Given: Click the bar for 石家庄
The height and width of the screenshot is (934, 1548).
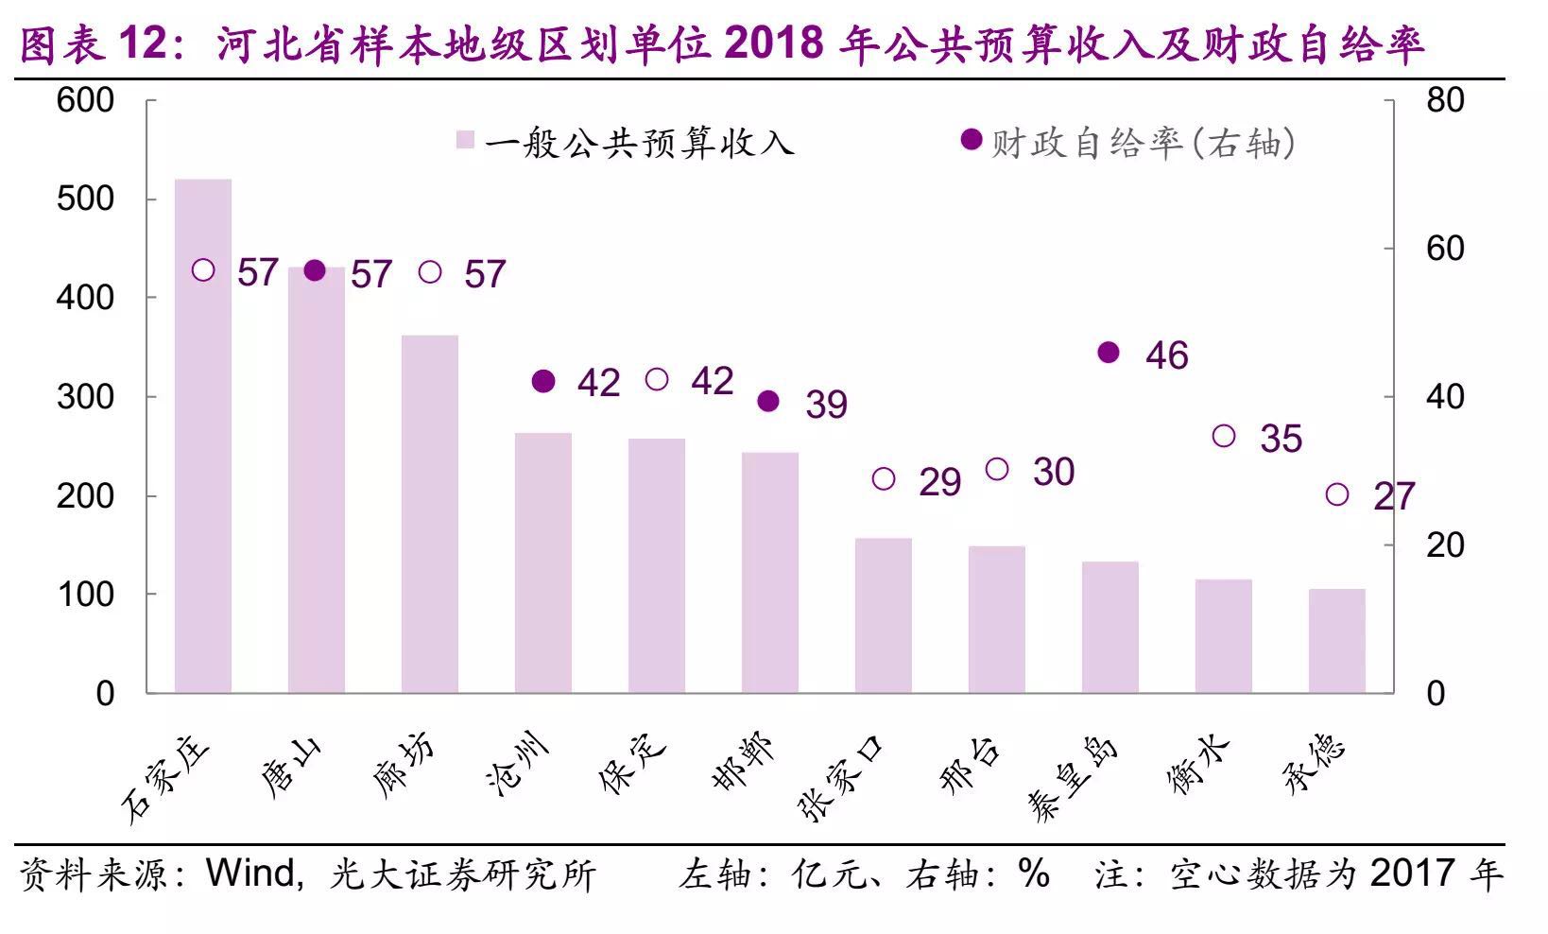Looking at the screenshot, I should click(x=203, y=436).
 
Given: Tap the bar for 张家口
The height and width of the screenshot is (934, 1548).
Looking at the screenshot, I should click(x=884, y=615).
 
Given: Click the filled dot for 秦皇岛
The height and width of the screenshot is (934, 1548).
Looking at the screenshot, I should click(x=1109, y=353).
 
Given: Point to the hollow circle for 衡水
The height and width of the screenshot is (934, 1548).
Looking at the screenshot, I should click(x=1224, y=436).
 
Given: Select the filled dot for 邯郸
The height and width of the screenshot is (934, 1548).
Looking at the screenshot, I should click(x=768, y=402).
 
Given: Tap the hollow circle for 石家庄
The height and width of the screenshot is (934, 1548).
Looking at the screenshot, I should click(x=203, y=270).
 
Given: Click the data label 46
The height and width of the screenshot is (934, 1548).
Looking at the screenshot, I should click(x=1166, y=355).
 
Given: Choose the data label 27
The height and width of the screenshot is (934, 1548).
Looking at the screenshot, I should click(x=1393, y=496).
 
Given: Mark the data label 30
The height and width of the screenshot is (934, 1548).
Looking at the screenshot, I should click(x=1053, y=472).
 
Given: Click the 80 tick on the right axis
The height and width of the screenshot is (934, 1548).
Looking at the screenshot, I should click(x=1445, y=99).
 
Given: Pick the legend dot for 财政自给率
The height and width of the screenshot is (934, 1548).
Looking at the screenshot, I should click(x=971, y=140).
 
